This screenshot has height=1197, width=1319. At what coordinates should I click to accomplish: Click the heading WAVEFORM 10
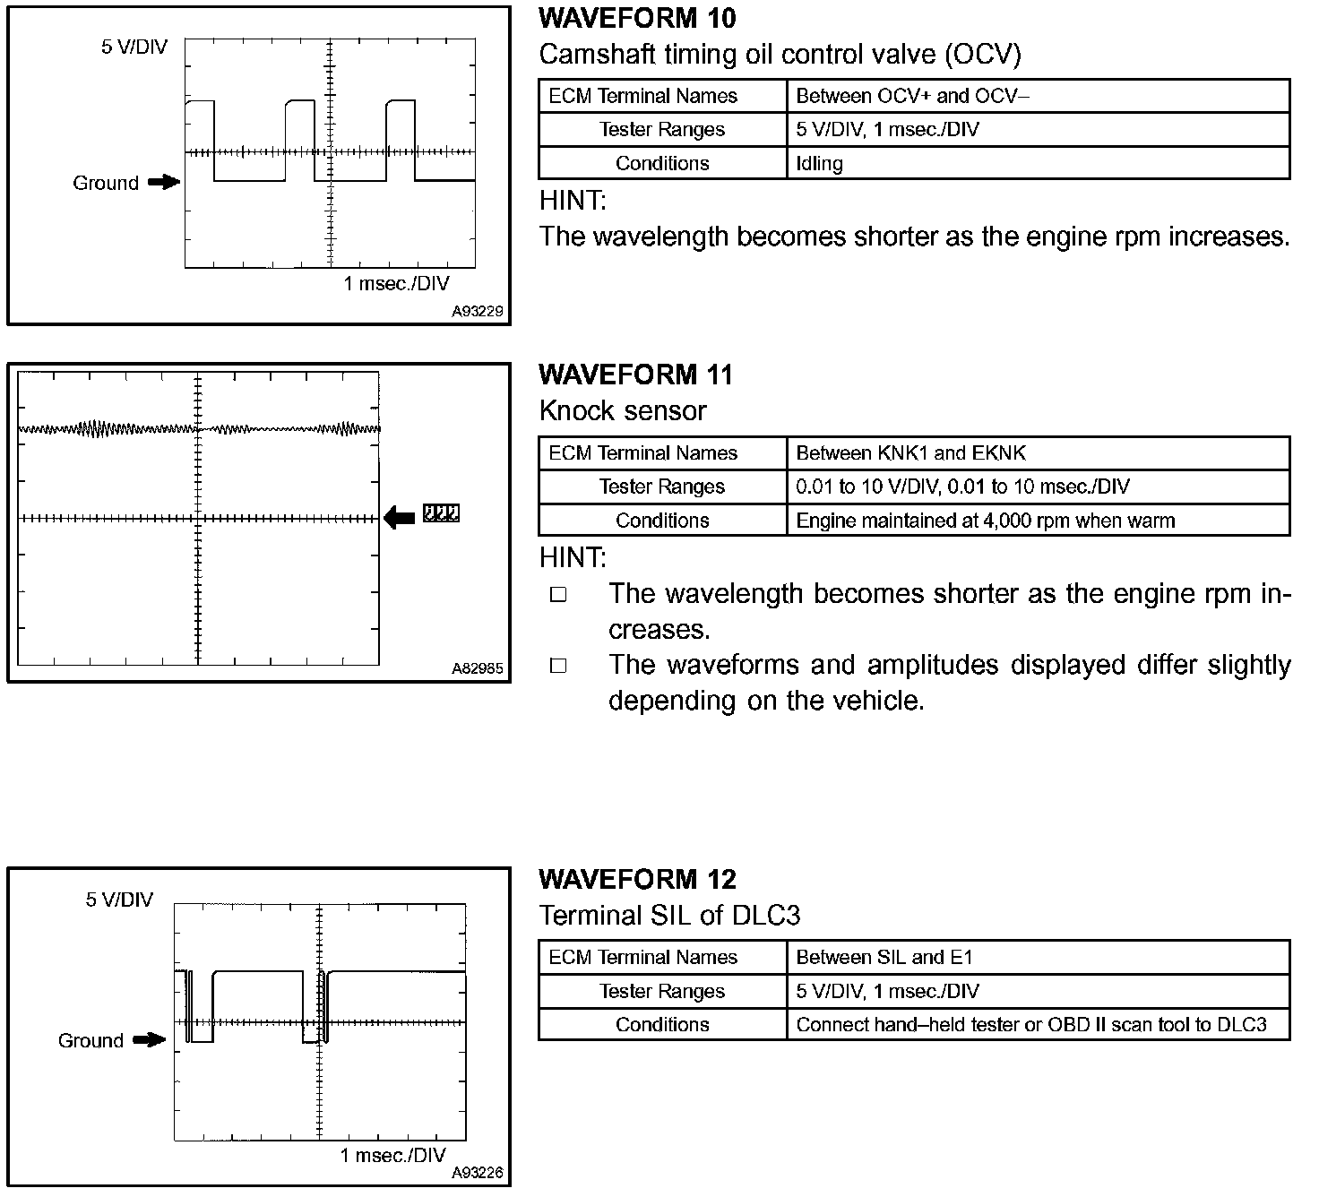637,18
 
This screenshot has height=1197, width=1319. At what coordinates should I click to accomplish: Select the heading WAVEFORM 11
635,375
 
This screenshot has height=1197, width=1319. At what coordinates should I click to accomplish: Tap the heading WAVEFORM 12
637,879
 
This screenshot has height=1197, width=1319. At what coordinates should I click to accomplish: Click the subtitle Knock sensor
623,411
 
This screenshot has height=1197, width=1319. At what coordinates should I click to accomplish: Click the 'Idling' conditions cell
819,163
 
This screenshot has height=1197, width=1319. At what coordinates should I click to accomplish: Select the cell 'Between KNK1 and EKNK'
910,453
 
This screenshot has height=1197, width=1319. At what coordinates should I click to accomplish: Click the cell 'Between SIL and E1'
884,957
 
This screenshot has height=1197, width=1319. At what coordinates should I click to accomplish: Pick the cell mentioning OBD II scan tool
1030,1024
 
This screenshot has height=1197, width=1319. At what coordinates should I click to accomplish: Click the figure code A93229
478,312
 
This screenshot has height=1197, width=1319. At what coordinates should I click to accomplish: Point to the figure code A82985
478,668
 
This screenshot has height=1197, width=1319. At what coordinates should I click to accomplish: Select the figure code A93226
478,1173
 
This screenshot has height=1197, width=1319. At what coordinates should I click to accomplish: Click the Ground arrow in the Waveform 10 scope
163,183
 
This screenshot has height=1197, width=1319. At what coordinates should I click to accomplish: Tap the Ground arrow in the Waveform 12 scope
149,1040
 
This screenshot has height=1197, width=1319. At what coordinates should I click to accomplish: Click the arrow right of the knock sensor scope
400,516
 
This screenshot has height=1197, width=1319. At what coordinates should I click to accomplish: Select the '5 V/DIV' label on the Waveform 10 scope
134,47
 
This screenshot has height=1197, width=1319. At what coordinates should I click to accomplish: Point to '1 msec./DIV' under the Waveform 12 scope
392,1155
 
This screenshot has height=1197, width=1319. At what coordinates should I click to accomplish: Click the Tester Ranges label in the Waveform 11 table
661,487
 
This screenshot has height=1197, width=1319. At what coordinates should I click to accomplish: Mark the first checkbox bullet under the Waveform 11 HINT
558,595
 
